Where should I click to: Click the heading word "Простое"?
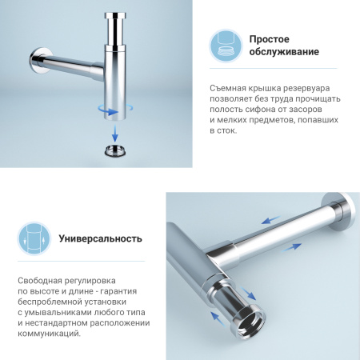click(270, 38)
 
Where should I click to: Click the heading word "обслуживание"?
click(284, 53)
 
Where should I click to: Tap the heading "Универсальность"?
click(101, 238)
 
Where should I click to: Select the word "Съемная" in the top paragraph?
click(228, 86)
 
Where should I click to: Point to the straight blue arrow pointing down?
click(114, 130)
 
